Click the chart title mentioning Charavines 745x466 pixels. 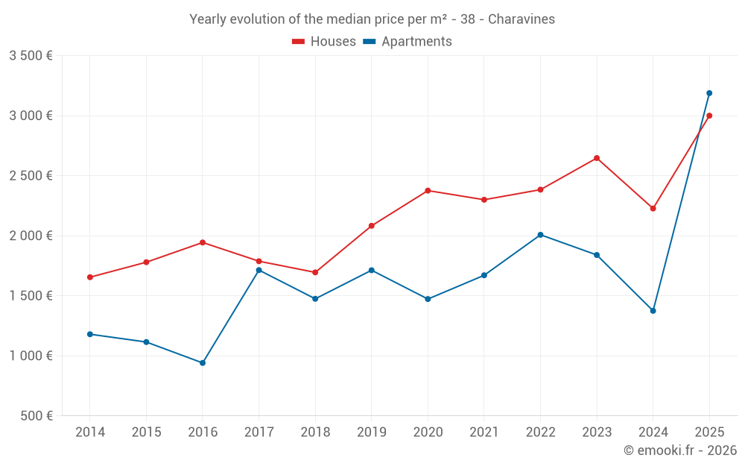372,19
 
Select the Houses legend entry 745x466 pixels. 324,42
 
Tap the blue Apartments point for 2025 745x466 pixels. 709,93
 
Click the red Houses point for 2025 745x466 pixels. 709,116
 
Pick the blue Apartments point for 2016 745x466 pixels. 203,363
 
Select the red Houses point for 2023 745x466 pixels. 597,158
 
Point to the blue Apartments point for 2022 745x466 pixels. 540,235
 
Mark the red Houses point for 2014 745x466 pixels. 90,277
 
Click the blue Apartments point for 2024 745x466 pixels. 653,311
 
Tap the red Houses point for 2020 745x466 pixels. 428,191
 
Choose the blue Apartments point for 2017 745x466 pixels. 259,270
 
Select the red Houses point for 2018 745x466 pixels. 315,273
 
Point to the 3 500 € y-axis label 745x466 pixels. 31,56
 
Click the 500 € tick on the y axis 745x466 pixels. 35,416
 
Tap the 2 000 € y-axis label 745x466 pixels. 31,236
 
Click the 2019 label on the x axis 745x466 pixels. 371,432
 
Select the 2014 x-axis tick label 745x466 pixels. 90,432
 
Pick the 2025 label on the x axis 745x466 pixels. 709,432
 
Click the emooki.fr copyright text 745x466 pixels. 679,450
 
